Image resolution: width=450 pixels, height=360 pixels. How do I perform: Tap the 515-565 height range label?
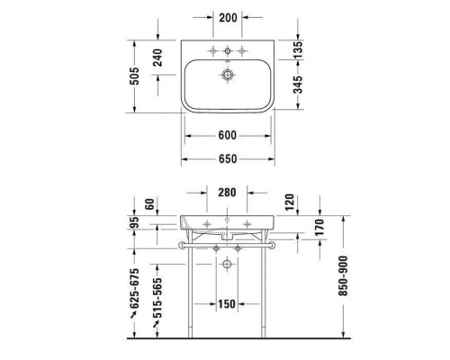point(157,298)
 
